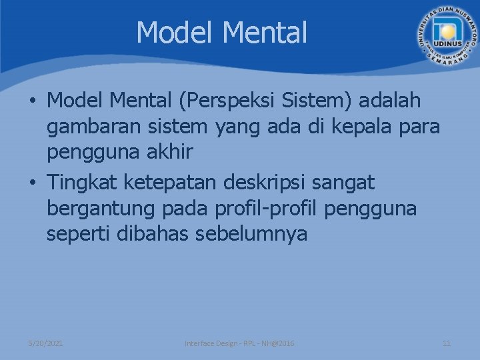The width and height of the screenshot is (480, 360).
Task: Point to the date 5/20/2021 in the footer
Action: point(45,343)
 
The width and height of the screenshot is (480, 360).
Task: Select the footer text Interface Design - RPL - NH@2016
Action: point(239,343)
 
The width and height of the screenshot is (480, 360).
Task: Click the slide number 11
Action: point(447,343)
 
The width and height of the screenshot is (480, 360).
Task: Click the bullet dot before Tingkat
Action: point(32,182)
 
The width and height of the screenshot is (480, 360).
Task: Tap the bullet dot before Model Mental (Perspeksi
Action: point(32,102)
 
